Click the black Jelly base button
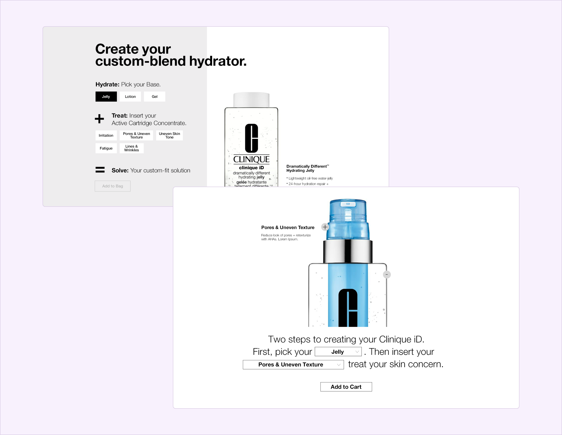pos(106,97)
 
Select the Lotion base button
pos(130,97)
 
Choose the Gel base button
pos(154,97)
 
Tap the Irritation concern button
pos(106,135)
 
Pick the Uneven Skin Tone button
pos(169,135)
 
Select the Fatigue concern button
pos(106,148)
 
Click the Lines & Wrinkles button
pos(131,148)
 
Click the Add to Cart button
pos(346,387)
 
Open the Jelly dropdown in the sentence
pos(338,352)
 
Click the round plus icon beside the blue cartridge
pos(325,227)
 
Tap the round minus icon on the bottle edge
pos(387,275)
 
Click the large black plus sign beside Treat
pos(99,119)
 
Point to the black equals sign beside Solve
pos(100,170)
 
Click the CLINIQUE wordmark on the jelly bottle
pos(251,159)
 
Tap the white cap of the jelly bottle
pos(251,100)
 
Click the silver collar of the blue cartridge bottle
pos(348,251)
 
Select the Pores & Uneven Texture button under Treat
pos(136,135)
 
